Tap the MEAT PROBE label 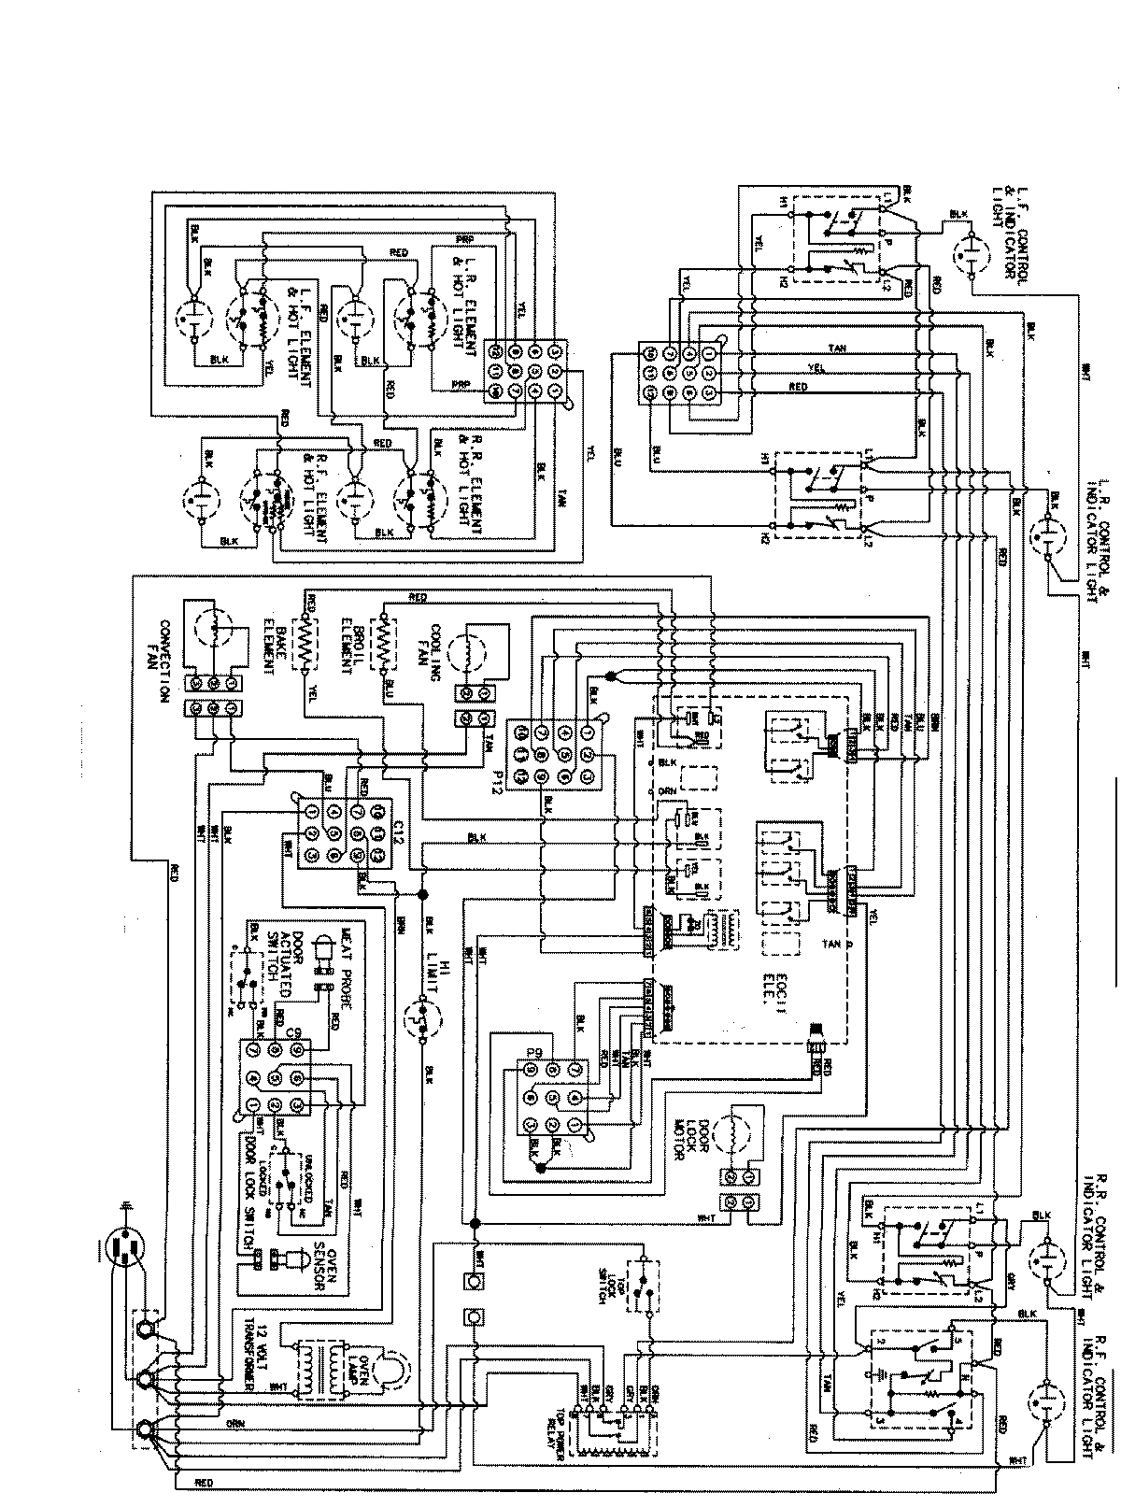click(x=348, y=955)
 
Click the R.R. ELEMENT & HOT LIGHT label click(x=470, y=482)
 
